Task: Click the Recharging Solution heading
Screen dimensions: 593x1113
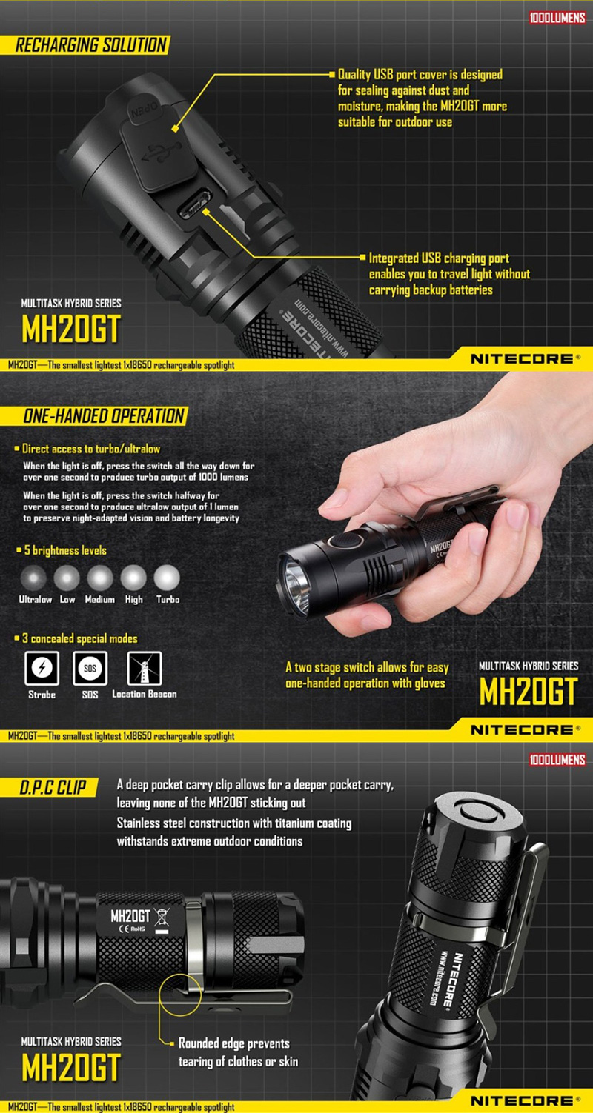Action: (x=91, y=45)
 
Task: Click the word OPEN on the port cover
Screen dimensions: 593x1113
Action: (x=144, y=110)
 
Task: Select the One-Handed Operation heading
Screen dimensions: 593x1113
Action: (x=104, y=416)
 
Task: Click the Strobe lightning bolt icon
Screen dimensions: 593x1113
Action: (x=42, y=668)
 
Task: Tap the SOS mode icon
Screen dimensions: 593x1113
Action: (x=90, y=668)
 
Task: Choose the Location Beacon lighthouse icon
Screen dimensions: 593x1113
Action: (x=145, y=668)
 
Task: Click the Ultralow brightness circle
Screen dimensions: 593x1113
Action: (x=34, y=578)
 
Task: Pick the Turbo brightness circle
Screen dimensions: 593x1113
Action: (x=167, y=578)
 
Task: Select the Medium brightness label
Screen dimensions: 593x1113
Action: (x=100, y=600)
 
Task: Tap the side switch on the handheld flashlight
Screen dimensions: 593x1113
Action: (x=346, y=541)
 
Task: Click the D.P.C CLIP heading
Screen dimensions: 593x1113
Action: (x=53, y=788)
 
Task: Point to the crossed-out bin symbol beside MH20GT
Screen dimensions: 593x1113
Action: (x=162, y=918)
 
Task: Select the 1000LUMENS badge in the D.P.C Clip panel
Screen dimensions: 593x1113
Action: (x=557, y=760)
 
